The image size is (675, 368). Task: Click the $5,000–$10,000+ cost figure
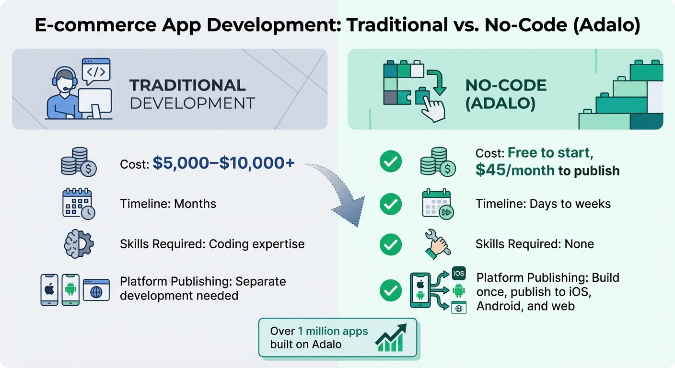pyautogui.click(x=223, y=164)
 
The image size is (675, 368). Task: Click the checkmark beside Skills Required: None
pyautogui.click(x=391, y=245)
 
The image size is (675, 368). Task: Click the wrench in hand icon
pyautogui.click(x=437, y=244)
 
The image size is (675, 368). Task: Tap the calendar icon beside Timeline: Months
pyautogui.click(x=78, y=204)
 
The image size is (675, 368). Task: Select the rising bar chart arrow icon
pyautogui.click(x=391, y=337)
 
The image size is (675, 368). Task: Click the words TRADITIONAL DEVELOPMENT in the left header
pyautogui.click(x=192, y=94)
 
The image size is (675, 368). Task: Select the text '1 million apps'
pyautogui.click(x=333, y=331)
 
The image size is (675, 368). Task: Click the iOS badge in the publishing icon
pyautogui.click(x=458, y=274)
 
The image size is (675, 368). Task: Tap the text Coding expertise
pyautogui.click(x=256, y=244)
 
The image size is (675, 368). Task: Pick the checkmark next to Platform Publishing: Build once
pyautogui.click(x=391, y=290)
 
